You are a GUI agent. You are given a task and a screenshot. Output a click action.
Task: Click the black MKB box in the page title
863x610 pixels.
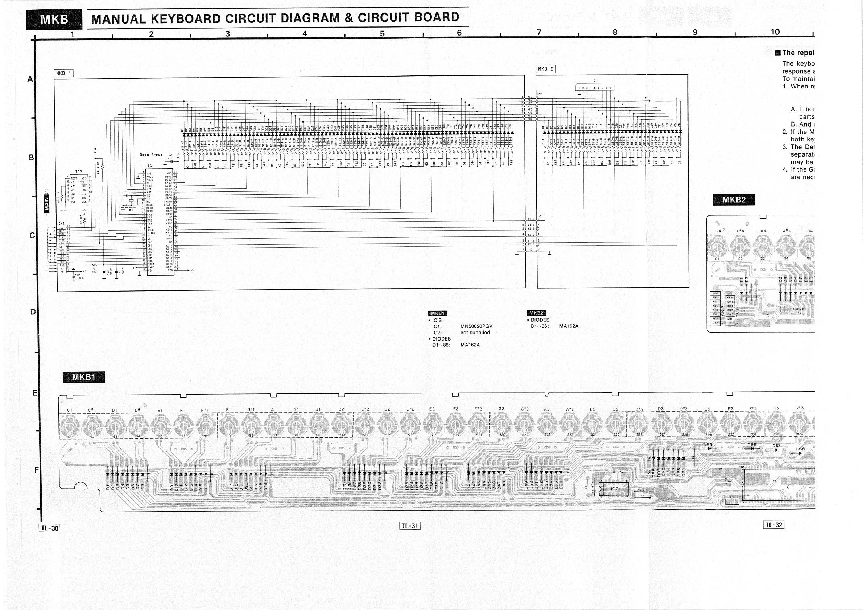[54, 20]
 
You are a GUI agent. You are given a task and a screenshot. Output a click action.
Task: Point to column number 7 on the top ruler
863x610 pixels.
[538, 33]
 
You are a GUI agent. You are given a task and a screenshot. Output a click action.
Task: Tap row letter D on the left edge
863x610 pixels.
[33, 312]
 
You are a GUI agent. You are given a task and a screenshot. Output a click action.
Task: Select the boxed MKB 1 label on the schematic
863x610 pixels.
[63, 73]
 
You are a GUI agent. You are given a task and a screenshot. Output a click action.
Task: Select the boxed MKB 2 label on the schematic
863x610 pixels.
[545, 69]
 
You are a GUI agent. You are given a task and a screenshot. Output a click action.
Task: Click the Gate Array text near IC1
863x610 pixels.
[151, 155]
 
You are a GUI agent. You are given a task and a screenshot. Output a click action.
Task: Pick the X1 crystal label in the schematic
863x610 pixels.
[131, 210]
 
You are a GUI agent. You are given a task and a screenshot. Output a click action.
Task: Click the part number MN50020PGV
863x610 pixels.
[476, 327]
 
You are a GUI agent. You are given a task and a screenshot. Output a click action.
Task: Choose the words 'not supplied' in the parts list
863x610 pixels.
[475, 333]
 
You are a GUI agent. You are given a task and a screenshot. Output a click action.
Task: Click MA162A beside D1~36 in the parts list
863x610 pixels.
[569, 326]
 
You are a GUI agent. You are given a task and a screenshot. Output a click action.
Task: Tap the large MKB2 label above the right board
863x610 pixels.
[733, 200]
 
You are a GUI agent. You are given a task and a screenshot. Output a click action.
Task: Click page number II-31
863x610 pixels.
[410, 526]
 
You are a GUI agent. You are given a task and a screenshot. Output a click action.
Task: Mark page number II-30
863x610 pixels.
[50, 528]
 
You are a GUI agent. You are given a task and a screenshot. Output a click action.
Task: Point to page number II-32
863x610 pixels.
[773, 525]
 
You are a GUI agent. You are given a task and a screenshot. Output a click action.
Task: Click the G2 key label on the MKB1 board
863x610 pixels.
[501, 409]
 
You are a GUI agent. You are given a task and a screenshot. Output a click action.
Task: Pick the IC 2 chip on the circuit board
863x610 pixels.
[614, 489]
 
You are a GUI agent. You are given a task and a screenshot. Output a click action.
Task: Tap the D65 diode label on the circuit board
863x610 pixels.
[708, 445]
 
